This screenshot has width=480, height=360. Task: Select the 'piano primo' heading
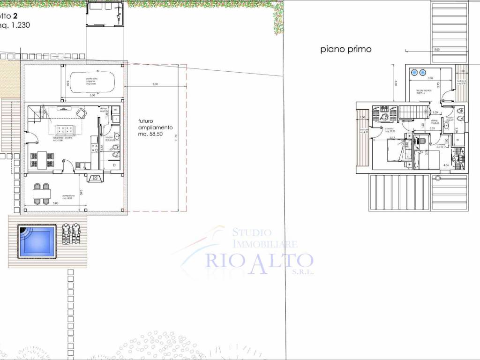[346, 49]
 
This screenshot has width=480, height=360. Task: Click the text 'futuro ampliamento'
[155, 124]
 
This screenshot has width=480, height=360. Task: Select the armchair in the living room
[81, 113]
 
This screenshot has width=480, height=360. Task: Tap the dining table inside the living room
[41, 159]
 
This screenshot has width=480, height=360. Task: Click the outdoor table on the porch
[41, 194]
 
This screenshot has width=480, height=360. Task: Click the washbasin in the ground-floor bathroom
[117, 137]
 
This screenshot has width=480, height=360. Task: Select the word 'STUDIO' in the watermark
[252, 232]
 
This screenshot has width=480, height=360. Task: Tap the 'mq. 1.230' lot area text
[14, 26]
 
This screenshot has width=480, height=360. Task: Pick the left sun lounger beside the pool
[66, 233]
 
